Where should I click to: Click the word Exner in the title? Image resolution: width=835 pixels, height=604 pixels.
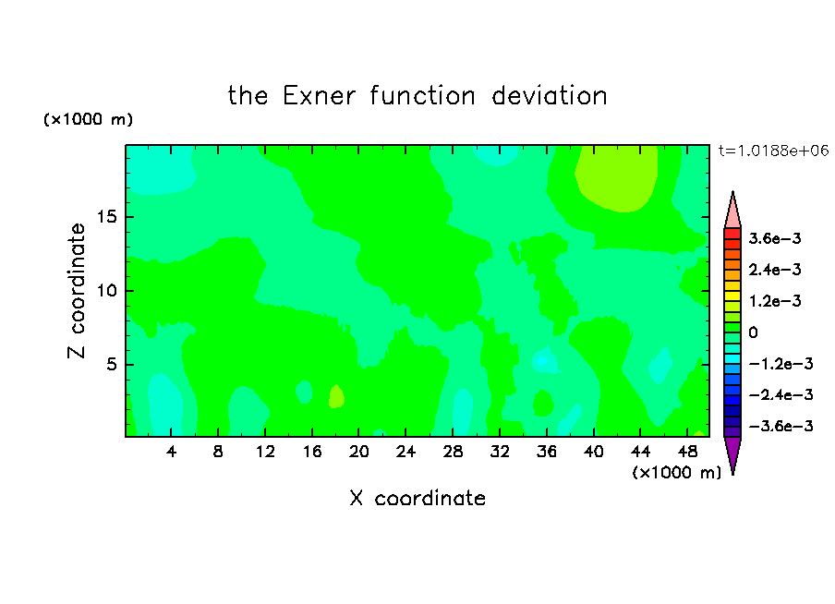tap(319, 96)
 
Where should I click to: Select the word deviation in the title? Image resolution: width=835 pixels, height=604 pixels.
tap(549, 96)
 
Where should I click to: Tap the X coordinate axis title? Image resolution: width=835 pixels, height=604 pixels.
tap(417, 498)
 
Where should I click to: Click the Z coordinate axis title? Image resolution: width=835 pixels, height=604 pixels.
tap(76, 291)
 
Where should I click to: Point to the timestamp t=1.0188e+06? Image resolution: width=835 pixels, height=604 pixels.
tap(773, 151)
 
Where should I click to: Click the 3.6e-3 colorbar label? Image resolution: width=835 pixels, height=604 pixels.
tap(775, 238)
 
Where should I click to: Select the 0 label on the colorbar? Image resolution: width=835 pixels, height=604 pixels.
tap(753, 332)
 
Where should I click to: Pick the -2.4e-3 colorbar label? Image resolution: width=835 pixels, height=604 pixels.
tap(781, 394)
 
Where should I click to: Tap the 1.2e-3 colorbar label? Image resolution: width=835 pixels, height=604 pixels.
tap(775, 301)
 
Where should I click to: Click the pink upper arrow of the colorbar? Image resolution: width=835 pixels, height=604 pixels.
tap(732, 211)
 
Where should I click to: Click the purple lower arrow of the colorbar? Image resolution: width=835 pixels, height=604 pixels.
tap(732, 455)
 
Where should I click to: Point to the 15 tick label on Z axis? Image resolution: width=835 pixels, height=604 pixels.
tap(106, 217)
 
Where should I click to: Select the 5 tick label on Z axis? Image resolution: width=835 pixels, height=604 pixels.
tap(111, 364)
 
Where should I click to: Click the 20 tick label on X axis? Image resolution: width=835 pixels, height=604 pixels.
tap(358, 452)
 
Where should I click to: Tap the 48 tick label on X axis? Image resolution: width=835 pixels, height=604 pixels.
tap(687, 452)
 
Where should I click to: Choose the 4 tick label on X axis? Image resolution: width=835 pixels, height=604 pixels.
tap(171, 452)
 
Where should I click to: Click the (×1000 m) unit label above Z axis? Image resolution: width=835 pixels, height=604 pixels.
tap(88, 119)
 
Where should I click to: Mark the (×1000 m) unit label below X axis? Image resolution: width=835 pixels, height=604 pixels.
tap(676, 472)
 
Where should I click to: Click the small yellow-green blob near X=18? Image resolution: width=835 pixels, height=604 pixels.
tap(336, 396)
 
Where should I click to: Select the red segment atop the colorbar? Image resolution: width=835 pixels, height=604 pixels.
tap(732, 234)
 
